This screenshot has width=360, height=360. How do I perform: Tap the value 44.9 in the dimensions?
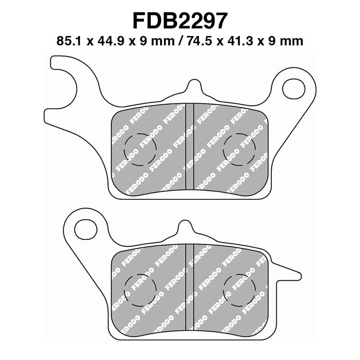tap(107, 41)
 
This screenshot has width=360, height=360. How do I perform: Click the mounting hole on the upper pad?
tap(291, 88)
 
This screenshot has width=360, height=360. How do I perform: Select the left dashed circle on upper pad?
tap(140, 149)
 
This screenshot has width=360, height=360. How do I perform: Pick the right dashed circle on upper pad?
tap(239, 149)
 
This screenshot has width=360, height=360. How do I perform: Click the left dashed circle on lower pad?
tap(140, 288)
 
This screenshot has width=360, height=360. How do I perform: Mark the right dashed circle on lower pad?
tap(239, 288)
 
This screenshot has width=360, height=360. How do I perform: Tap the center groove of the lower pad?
tap(189, 288)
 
